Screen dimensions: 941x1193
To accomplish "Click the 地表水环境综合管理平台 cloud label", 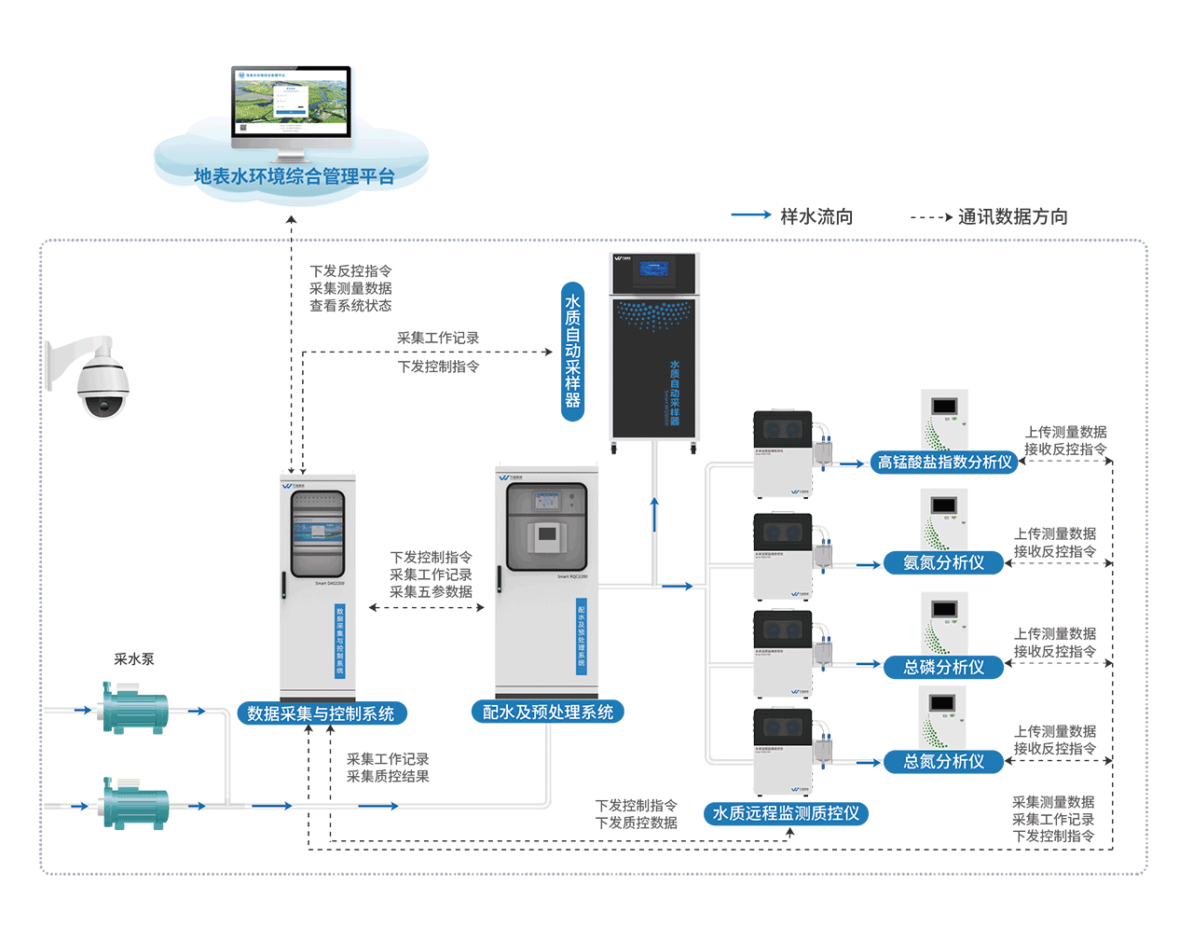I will coord(294,176).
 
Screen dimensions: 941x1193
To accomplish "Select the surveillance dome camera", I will coord(98,380).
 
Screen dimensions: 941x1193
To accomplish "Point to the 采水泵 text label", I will coord(134,659).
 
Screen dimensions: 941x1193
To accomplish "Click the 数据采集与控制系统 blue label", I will coord(321,713).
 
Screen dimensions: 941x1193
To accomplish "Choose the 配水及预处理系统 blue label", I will coord(547,713).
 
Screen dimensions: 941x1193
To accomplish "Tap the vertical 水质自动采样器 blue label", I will coord(572,351).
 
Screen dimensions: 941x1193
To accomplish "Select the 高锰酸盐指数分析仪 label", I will coord(944,462).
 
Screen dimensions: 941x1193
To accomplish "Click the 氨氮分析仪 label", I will coord(943,562).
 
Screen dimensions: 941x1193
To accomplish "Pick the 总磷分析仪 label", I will coord(943,667).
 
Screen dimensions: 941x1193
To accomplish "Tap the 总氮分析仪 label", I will coord(943,762).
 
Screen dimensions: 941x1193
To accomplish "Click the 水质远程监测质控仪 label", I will coord(786,813).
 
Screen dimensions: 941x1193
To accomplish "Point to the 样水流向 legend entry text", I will coord(816,216).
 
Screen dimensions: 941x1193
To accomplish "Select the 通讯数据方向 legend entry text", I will coord(1012,216).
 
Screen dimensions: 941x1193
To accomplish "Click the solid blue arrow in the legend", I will coord(750,215).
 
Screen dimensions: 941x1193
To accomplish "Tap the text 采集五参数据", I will coord(431,591).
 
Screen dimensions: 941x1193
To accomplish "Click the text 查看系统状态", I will coord(350,306).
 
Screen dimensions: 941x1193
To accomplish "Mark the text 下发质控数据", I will coord(637,823).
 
